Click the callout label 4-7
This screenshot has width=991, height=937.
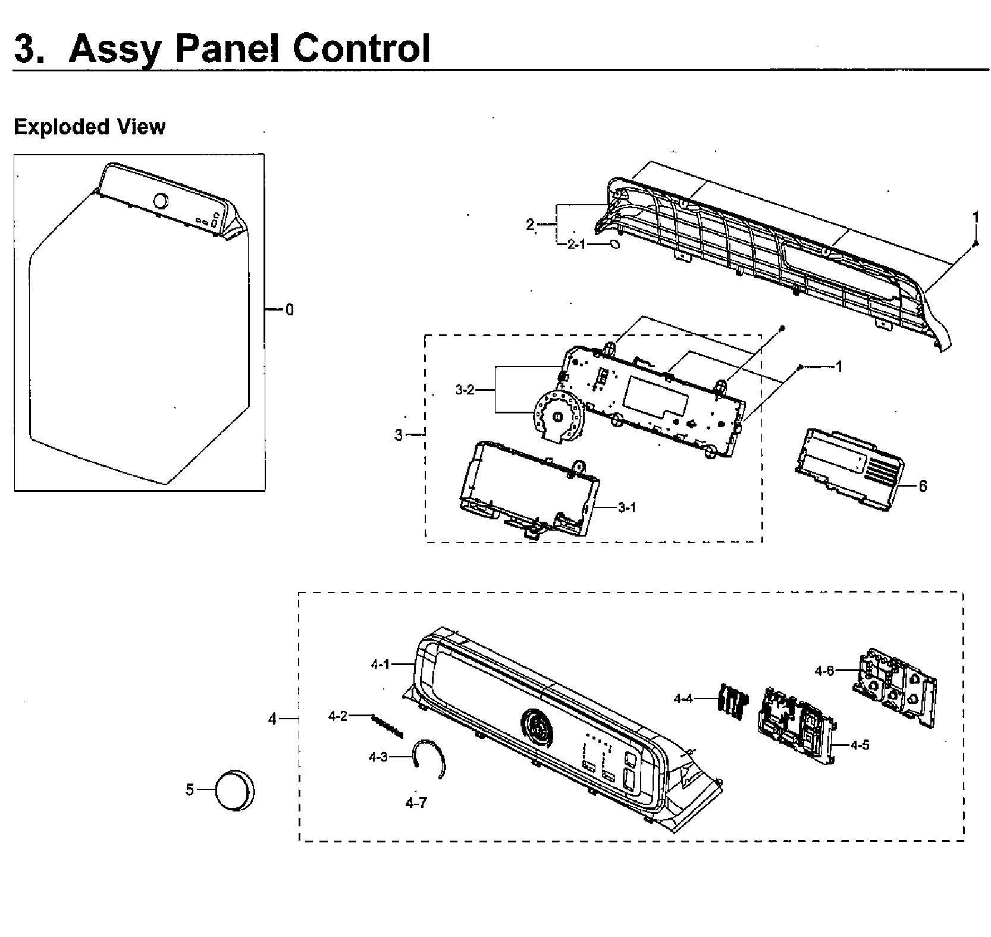click(x=416, y=803)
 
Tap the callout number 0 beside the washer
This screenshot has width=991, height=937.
click(x=289, y=309)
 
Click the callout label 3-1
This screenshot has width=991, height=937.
click(x=626, y=507)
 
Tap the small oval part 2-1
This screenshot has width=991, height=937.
click(x=615, y=244)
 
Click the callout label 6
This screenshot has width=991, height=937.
click(x=922, y=486)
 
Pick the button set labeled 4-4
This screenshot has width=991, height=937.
click(x=730, y=701)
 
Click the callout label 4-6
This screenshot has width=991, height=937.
click(x=824, y=670)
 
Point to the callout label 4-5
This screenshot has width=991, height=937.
click(x=860, y=744)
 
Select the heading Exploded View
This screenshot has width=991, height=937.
click(x=89, y=127)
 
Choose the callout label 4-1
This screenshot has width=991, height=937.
click(x=380, y=664)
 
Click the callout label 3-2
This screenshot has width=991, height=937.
click(x=466, y=390)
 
